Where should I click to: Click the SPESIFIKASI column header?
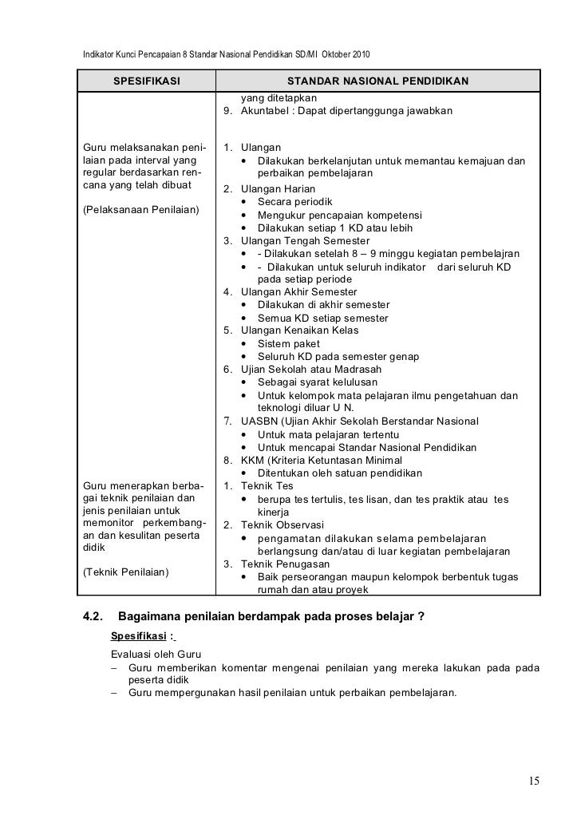pyautogui.click(x=146, y=81)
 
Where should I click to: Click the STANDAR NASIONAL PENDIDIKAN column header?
pyautogui.click(x=377, y=81)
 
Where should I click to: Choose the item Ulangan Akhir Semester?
pyautogui.click(x=301, y=292)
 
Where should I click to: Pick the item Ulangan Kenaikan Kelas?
pyautogui.click(x=301, y=330)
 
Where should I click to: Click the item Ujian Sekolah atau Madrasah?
pyautogui.click(x=311, y=370)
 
